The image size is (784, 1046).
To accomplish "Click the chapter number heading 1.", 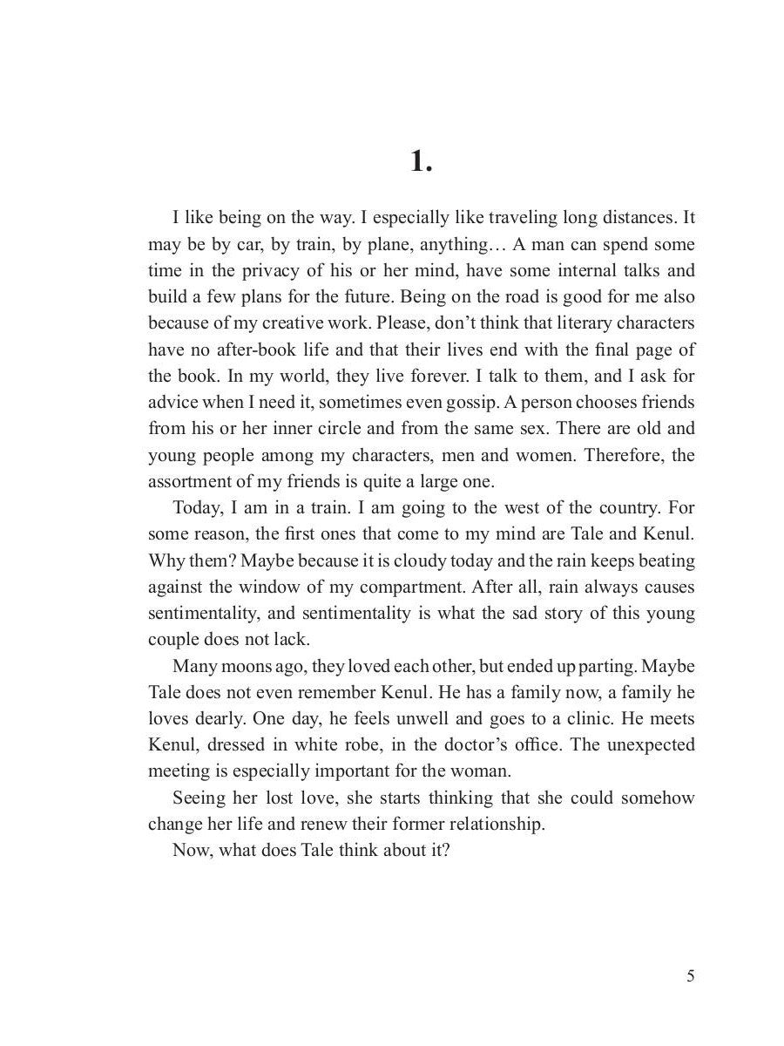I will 421,161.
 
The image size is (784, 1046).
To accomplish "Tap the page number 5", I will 690,976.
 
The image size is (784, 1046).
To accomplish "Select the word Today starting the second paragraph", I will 199,507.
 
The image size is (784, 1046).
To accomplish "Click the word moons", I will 262,666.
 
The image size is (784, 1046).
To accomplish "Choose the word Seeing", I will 199,798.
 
